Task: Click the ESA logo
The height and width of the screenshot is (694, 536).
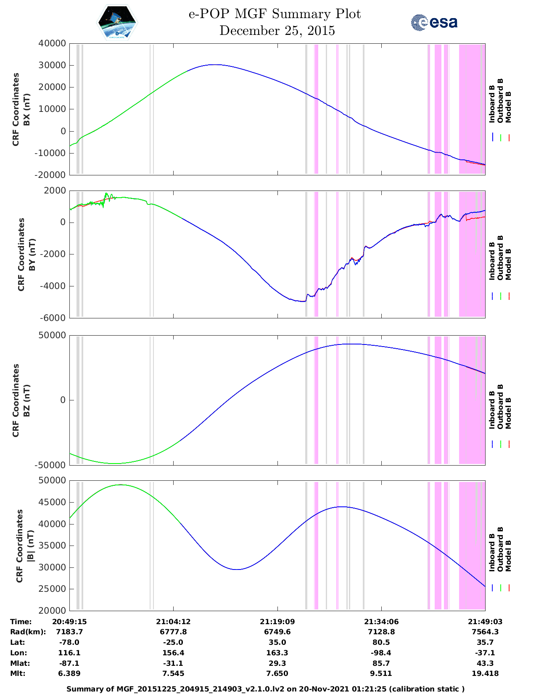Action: click(x=434, y=22)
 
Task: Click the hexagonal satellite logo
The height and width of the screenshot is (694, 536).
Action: click(x=117, y=22)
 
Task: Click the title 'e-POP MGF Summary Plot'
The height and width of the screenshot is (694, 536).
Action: click(x=275, y=14)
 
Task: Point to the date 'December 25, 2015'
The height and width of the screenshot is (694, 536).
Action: click(x=277, y=31)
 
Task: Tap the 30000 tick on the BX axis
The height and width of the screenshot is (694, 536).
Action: click(x=52, y=65)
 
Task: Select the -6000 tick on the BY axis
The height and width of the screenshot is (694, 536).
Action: click(x=53, y=318)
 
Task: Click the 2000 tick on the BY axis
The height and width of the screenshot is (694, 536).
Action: click(x=55, y=191)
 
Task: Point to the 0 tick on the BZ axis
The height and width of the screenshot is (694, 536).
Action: click(x=63, y=400)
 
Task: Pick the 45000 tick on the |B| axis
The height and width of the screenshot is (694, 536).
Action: click(x=52, y=502)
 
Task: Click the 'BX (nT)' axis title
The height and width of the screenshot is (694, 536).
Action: click(x=26, y=109)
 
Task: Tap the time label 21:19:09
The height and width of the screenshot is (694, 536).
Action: click(x=277, y=622)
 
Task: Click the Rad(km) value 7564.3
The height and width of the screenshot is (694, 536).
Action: click(x=485, y=632)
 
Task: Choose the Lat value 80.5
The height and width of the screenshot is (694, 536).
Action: click(x=381, y=642)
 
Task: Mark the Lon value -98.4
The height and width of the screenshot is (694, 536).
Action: click(x=381, y=653)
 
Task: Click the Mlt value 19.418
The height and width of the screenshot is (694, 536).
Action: click(x=485, y=673)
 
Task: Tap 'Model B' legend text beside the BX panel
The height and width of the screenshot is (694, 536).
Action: click(x=508, y=107)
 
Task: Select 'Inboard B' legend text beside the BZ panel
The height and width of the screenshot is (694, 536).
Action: click(x=492, y=410)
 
